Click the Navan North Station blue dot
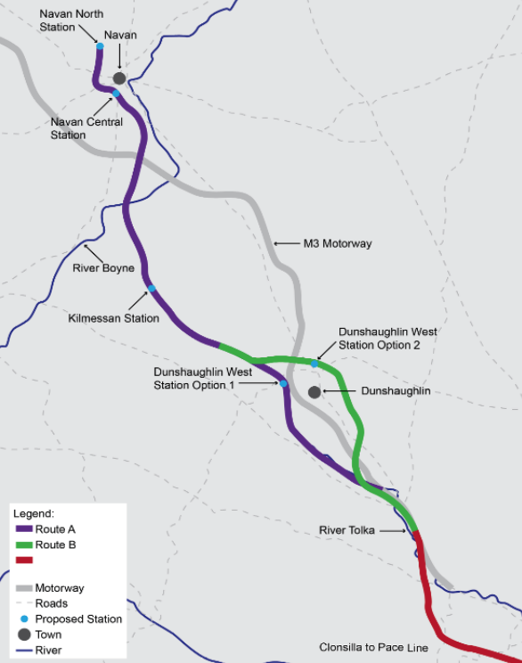pyautogui.click(x=101, y=46)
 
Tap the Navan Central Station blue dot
pyautogui.click(x=116, y=94)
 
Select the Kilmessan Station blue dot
pyautogui.click(x=151, y=288)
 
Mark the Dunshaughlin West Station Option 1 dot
pyautogui.click(x=283, y=384)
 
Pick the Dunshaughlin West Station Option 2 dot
pyautogui.click(x=314, y=363)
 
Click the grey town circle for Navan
pyautogui.click(x=119, y=78)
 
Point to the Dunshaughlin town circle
pyautogui.click(x=314, y=392)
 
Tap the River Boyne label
pyautogui.click(x=103, y=268)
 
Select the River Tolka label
pyautogui.click(x=347, y=531)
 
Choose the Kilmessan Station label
pyautogui.click(x=114, y=318)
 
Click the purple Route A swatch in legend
pyautogui.click(x=24, y=529)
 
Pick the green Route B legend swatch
pyautogui.click(x=24, y=544)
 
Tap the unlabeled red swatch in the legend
pyautogui.click(x=24, y=561)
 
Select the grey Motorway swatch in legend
pyautogui.click(x=24, y=588)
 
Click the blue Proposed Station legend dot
pyautogui.click(x=24, y=618)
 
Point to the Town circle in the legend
pyautogui.click(x=24, y=634)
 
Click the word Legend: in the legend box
pyautogui.click(x=34, y=514)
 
